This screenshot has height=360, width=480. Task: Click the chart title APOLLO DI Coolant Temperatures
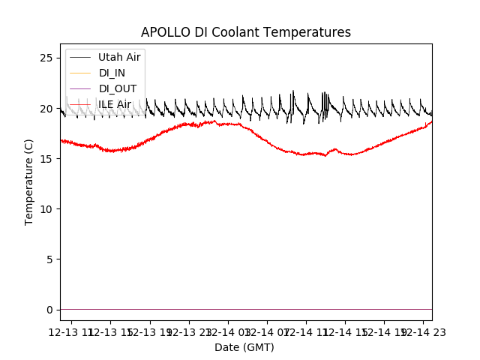click(246, 32)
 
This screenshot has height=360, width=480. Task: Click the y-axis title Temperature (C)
click(29, 181)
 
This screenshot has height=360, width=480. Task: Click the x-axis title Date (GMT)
click(244, 347)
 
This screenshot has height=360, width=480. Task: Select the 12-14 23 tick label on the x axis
click(420, 331)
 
